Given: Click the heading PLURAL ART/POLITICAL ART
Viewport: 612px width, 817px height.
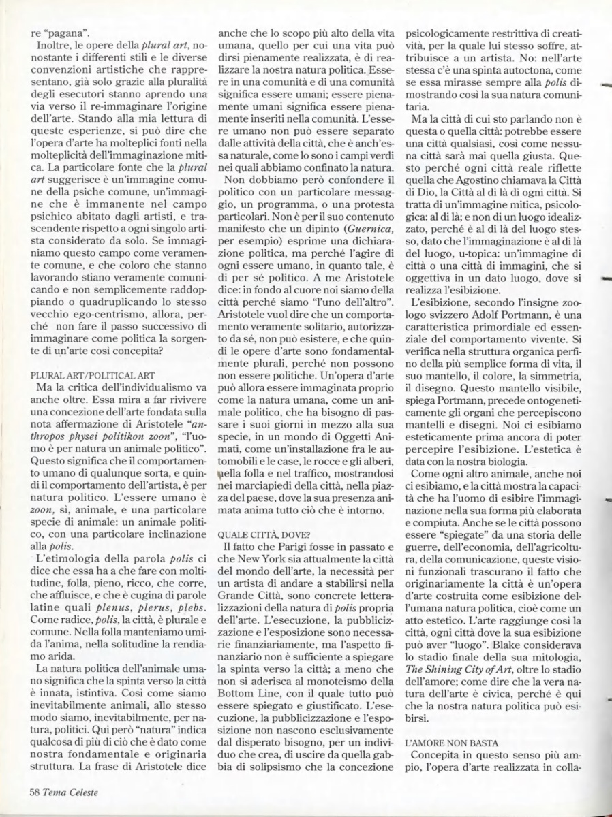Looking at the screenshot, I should (x=93, y=374).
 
